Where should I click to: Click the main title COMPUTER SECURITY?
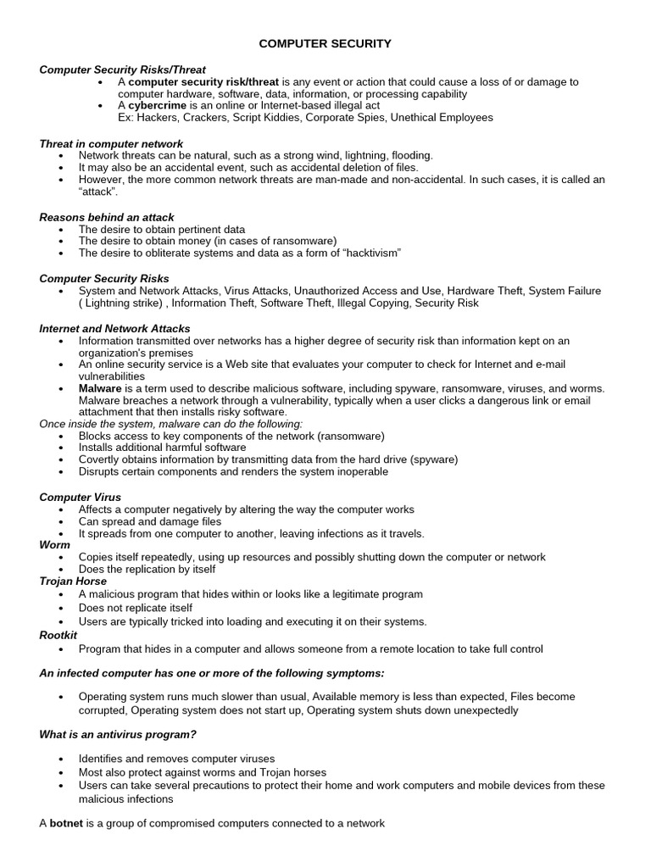(325, 43)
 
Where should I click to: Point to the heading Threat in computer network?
(111, 144)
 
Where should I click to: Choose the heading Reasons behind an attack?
(107, 218)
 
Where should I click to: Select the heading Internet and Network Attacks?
(114, 328)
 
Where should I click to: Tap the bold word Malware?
(100, 388)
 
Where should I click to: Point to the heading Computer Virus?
(81, 497)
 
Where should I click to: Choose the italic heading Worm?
(53, 546)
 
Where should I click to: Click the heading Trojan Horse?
(73, 581)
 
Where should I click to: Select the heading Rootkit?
(58, 634)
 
